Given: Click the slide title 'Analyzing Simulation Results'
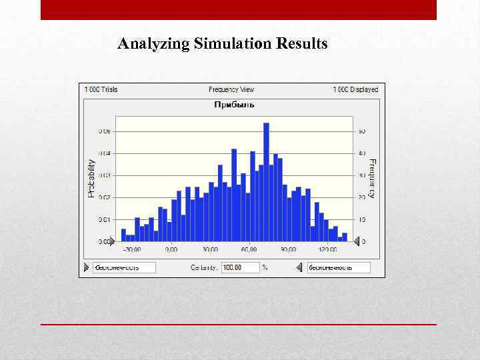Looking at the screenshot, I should click(x=223, y=44).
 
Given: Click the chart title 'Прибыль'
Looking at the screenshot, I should click(x=234, y=105).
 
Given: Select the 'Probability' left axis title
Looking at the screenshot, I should click(x=92, y=177).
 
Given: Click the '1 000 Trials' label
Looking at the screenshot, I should click(x=101, y=89).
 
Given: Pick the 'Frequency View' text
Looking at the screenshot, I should click(x=231, y=89).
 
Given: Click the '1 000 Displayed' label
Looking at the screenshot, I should click(x=355, y=89).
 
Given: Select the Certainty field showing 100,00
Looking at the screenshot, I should click(x=240, y=267).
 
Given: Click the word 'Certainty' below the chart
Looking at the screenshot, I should click(x=204, y=267).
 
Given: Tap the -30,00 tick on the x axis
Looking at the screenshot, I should click(x=131, y=250).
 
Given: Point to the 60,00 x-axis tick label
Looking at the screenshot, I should click(x=249, y=250).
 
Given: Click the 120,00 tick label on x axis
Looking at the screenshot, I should click(x=327, y=250).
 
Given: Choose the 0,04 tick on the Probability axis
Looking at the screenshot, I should click(x=105, y=153).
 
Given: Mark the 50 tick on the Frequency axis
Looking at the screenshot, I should click(x=362, y=131).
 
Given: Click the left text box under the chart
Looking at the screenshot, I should click(x=124, y=267).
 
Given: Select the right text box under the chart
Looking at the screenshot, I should click(x=339, y=267).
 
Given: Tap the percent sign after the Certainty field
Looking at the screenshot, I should click(x=265, y=267).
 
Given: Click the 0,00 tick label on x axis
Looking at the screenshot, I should click(x=171, y=250).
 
